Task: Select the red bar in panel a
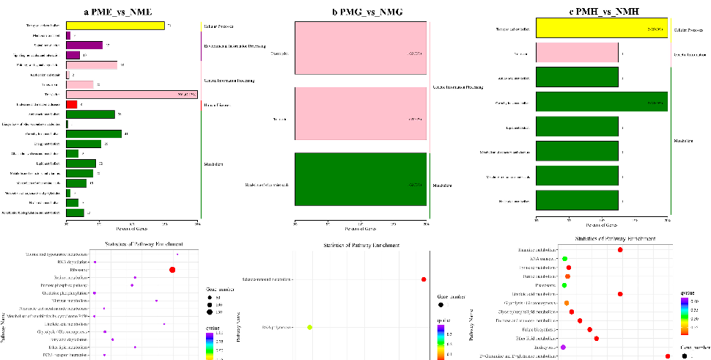[72, 105]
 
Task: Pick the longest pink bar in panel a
[132, 95]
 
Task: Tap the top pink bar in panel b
[360, 54]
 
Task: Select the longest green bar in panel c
[601, 102]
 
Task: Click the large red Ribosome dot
[172, 270]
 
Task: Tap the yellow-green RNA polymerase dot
[310, 327]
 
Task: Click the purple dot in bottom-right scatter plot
[563, 347]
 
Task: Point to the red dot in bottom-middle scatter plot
[424, 279]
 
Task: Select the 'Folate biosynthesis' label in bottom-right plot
[539, 329]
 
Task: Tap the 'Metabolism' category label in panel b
[443, 185]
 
